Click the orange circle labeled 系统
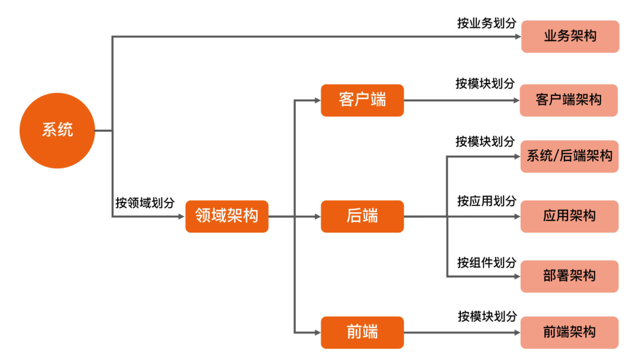click(57, 130)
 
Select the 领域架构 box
click(227, 216)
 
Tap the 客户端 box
click(362, 100)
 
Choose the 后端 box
click(362, 216)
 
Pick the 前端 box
click(362, 332)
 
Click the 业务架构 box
click(570, 37)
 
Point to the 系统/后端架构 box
click(569, 156)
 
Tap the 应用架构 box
click(569, 216)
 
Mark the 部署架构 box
click(569, 276)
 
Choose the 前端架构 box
click(569, 332)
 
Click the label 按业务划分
click(486, 23)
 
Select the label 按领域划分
click(145, 202)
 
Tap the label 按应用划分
click(486, 201)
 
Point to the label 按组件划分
click(486, 262)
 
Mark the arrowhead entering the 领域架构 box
click(181, 217)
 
